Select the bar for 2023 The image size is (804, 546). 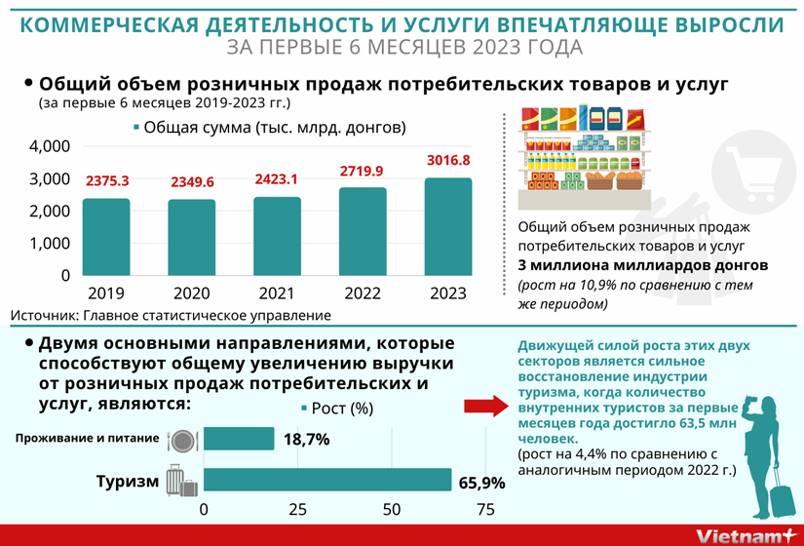447,227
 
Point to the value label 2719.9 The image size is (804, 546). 362,172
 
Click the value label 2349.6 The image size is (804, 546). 191,182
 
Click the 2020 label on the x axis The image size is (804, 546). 191,292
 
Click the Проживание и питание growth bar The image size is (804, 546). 239,439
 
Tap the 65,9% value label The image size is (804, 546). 481,483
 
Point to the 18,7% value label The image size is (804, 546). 306,440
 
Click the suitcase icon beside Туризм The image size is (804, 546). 182,482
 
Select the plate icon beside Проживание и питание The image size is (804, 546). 182,440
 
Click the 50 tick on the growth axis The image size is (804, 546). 392,510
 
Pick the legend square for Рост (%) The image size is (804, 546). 305,409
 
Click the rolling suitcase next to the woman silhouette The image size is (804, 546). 782,497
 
